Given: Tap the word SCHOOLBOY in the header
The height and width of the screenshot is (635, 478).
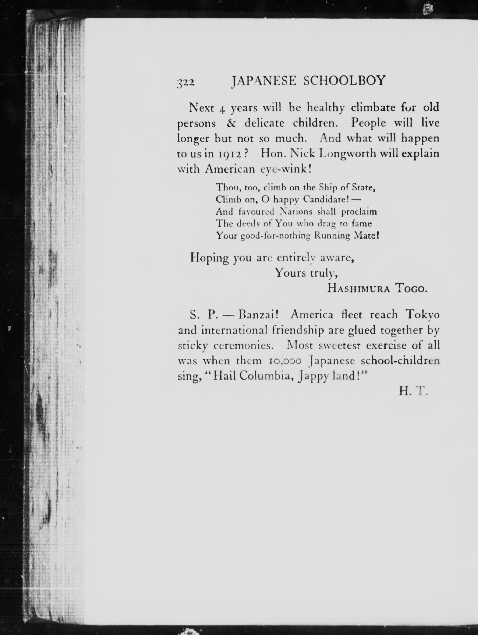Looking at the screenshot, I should pos(344,81).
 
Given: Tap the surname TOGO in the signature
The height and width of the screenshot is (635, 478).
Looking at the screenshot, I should pos(411,288).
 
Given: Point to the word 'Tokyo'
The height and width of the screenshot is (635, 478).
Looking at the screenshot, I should pos(422,315).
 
